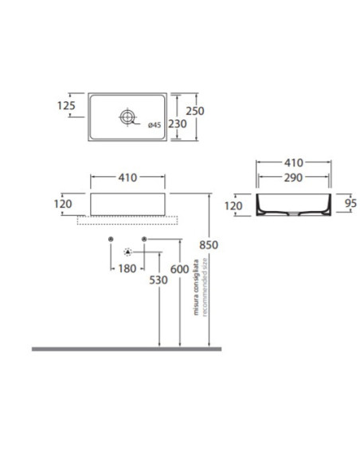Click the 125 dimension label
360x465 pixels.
pos(66,106)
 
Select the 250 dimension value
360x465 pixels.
pos(195,111)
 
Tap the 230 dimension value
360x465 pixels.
pos(178,123)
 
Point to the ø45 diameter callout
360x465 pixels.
pos(155,125)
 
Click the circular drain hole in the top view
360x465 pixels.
pos(127,116)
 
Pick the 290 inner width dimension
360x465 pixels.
pos(293,178)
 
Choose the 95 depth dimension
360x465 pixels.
pos(350,203)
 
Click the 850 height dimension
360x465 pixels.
pos(209,245)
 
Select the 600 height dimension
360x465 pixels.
pos(179,269)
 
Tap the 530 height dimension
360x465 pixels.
pos(158,280)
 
